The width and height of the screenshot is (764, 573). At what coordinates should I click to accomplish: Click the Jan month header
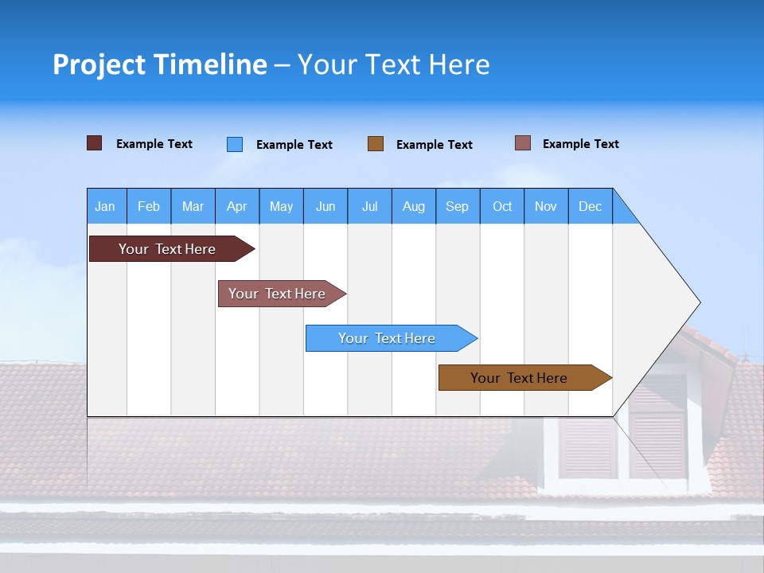[105, 206]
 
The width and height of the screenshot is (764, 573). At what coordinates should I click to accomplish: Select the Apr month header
[236, 206]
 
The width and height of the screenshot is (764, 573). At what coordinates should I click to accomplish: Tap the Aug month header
[413, 206]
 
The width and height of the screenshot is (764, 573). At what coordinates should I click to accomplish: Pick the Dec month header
[590, 206]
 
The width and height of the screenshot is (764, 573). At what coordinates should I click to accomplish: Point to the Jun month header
[325, 206]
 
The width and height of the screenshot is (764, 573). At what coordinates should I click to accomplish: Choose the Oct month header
[501, 206]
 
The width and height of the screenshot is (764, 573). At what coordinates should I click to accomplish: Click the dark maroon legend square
[94, 143]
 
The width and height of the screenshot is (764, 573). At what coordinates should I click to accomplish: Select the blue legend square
[235, 144]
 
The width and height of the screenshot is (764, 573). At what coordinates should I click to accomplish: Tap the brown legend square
[376, 143]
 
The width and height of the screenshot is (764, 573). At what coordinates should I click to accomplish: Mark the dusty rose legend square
[522, 143]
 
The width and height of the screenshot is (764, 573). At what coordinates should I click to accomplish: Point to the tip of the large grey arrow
[699, 302]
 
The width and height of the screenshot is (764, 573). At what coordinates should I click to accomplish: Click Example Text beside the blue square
[294, 145]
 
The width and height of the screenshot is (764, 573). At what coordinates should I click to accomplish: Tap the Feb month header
[149, 206]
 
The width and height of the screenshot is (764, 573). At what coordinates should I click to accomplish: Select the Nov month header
[545, 206]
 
